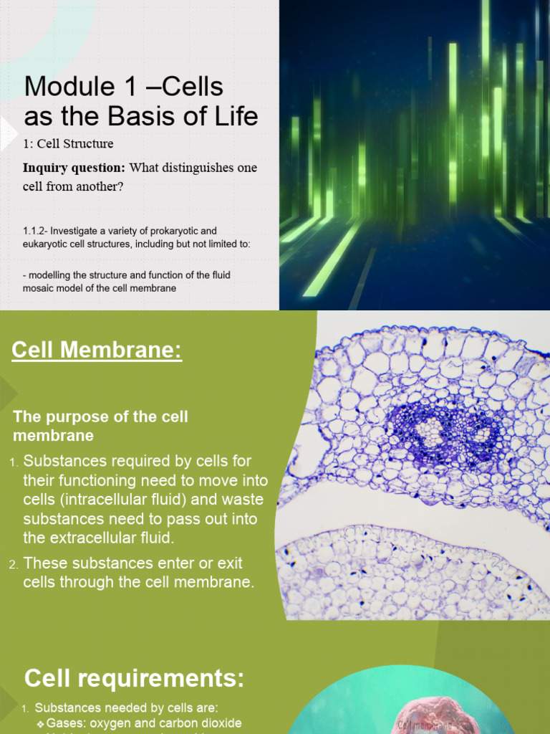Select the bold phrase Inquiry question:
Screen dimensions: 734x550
pos(74,168)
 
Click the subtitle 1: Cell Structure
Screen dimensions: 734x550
pos(68,143)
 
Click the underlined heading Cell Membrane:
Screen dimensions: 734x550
pos(97,351)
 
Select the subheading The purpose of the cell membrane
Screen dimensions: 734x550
pos(100,426)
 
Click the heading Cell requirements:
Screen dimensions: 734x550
pos(134,677)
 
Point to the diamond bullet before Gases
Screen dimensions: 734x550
pos(41,723)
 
